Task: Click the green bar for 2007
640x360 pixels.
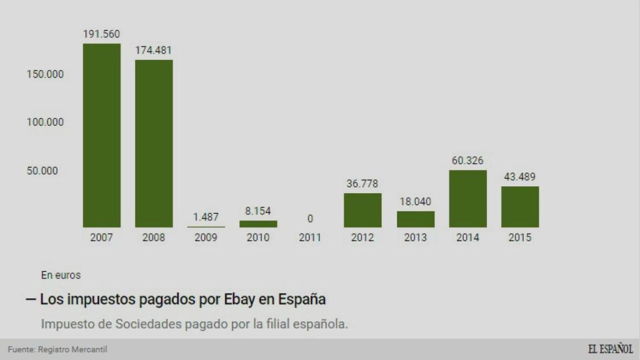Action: (102, 135)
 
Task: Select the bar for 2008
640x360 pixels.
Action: (154, 143)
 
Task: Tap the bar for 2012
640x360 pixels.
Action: (362, 210)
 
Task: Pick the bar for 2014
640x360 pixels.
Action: (467, 199)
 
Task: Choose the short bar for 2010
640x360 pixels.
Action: (258, 224)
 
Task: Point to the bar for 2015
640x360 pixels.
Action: (520, 207)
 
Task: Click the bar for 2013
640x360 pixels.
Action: (416, 219)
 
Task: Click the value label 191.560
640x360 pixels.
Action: (102, 34)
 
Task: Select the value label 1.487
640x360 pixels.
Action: (206, 217)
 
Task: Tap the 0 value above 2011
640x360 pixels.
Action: (310, 219)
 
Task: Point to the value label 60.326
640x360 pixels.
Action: (467, 161)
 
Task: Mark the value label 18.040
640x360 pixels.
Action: (416, 202)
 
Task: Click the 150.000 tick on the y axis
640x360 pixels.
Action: (45, 74)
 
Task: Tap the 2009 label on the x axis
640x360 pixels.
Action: (206, 237)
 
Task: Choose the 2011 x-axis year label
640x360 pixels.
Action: (310, 237)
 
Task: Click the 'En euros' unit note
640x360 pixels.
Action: (61, 274)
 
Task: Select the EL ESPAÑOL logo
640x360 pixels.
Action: (610, 349)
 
